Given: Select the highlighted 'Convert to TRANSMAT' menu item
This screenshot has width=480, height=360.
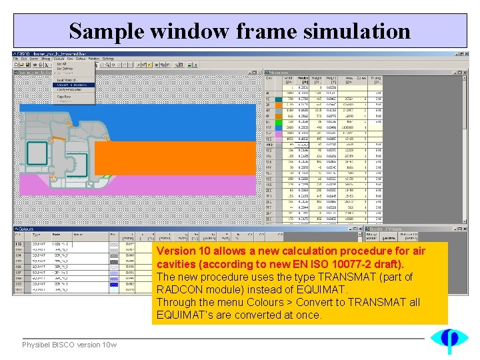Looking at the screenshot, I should tap(74, 85).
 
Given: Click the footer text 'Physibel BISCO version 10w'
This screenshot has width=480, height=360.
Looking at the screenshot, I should tap(69, 344).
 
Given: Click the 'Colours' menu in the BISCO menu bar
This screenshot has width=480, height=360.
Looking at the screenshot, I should tap(59, 59).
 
